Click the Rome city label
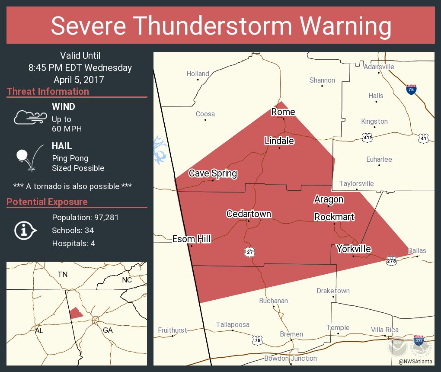pos(283,112)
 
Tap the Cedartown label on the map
pos(249,214)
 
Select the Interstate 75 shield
pos(411,90)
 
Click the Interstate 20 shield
pos(418,340)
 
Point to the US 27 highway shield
pos(248,252)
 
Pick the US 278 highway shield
pos(391,260)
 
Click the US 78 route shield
pos(258,340)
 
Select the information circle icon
pos(26,230)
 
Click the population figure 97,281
pos(103,218)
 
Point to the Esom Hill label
pos(192,239)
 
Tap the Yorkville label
pos(354,249)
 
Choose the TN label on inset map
pos(63,274)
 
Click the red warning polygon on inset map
pos(76,313)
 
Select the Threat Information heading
pos(48,92)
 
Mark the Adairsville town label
pos(379,67)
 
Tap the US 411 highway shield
pos(367,138)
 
